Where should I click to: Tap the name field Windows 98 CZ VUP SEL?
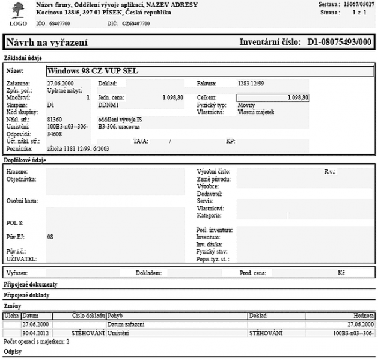tap(93, 70)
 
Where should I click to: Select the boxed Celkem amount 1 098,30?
tap(273, 97)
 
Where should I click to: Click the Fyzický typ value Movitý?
tap(246, 105)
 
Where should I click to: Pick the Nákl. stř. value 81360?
tap(54, 120)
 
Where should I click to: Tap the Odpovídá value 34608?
tap(54, 133)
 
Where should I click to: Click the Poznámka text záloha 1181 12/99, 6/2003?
tap(78, 148)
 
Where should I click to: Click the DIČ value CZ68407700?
tap(136, 23)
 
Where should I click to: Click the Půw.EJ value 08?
tap(50, 237)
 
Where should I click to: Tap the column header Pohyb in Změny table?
tap(115, 315)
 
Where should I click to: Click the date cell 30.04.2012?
tap(35, 332)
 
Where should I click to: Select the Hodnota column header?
tap(364, 315)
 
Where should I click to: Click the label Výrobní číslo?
tap(212, 171)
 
